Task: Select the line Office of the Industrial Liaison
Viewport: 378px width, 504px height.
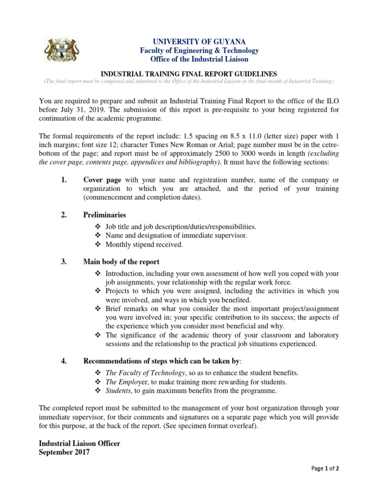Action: click(192, 59)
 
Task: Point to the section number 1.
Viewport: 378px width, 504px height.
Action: click(64, 180)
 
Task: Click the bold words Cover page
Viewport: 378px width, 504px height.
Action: click(102, 180)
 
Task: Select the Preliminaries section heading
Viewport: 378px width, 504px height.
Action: click(104, 215)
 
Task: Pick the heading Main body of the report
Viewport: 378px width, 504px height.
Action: click(121, 262)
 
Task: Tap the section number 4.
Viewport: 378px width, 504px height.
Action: click(64, 361)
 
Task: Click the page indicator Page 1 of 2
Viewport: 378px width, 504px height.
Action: click(325, 469)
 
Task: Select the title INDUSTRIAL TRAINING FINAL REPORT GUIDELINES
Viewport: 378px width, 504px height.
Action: click(189, 73)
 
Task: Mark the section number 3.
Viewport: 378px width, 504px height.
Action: click(64, 262)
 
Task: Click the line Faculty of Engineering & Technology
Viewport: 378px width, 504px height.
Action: click(192, 50)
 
